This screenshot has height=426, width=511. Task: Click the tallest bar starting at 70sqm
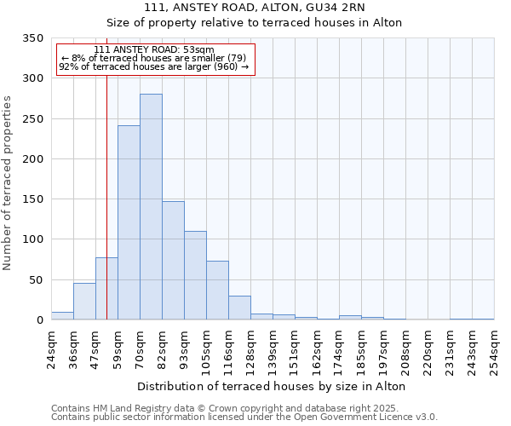(151, 207)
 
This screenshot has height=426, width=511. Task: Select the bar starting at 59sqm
(129, 223)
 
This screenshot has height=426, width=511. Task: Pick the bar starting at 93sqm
(195, 275)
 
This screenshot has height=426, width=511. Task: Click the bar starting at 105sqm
(217, 291)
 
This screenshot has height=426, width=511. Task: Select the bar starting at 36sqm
(84, 302)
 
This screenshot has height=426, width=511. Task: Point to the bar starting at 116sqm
(239, 308)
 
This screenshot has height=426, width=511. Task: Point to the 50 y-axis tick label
(36, 279)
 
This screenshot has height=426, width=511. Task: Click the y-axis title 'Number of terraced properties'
(9, 182)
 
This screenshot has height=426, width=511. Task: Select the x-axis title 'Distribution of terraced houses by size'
(270, 386)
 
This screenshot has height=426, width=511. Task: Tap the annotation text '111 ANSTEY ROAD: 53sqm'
(154, 50)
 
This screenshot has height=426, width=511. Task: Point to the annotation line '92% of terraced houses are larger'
(154, 66)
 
